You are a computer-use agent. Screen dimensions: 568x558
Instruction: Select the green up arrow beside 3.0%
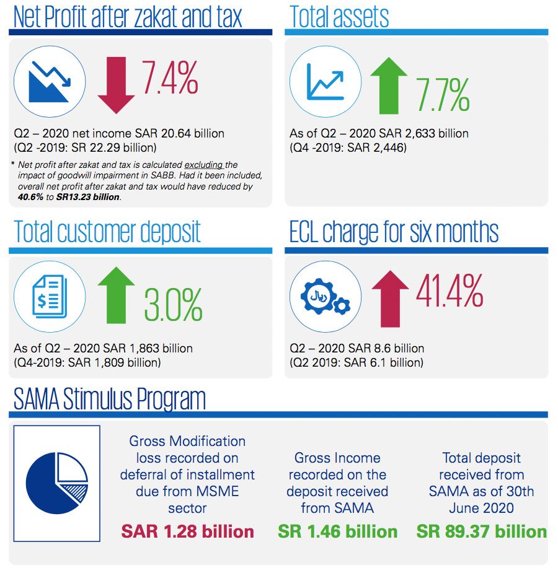coord(116,296)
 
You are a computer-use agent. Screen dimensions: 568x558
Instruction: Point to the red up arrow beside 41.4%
coord(390,297)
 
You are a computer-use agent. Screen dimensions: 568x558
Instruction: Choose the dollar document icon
coord(50,295)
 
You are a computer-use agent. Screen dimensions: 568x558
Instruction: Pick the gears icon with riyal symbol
coord(325,295)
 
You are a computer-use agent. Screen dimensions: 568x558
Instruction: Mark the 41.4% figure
coord(449,289)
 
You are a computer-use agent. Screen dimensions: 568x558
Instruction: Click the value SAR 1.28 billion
coord(187,531)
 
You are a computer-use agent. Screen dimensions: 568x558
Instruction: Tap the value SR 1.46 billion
coord(337,531)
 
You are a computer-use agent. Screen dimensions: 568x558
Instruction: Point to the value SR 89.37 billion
coord(481,531)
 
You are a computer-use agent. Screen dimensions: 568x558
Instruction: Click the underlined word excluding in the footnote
coord(201,165)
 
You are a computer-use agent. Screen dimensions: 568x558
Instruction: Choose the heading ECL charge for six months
coord(394,232)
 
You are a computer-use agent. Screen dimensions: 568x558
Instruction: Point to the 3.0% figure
coord(174,304)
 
